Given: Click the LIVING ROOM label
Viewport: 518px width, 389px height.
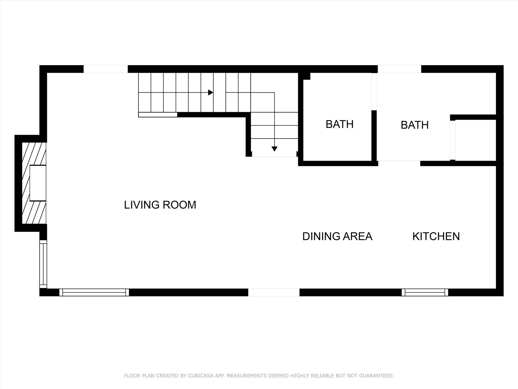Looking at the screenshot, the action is (x=160, y=205).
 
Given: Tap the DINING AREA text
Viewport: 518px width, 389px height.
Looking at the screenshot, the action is (x=337, y=236).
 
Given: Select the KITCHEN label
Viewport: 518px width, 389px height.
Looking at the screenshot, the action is (x=436, y=236).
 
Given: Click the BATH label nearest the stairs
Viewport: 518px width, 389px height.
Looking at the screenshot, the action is (x=339, y=124).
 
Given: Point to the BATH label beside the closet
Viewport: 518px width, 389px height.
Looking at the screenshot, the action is (x=415, y=125).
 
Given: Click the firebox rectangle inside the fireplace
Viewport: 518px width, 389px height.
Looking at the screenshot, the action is (x=38, y=183).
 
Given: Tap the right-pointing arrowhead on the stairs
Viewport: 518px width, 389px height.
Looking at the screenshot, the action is (x=210, y=92).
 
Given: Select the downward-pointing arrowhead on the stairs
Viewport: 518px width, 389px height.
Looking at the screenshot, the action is (x=274, y=149).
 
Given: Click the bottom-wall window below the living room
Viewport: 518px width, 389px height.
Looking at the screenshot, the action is (x=94, y=293).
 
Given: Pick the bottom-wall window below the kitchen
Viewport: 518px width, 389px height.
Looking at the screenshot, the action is (x=425, y=293).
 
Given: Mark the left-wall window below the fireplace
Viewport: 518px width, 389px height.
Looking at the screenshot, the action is (x=43, y=264).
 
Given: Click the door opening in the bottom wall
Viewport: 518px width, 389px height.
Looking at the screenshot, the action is (x=274, y=293).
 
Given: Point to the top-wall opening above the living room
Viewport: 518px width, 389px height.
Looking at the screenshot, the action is (x=106, y=69).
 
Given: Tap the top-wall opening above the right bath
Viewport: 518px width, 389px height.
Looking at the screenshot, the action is (x=399, y=69).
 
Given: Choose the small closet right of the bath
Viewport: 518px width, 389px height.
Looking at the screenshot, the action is (x=476, y=140).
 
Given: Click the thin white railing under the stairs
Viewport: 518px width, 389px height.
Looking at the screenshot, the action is (x=158, y=115).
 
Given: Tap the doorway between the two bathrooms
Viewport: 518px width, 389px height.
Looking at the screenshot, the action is (x=374, y=92).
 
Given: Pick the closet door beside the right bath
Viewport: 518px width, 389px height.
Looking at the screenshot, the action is (x=453, y=140).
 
